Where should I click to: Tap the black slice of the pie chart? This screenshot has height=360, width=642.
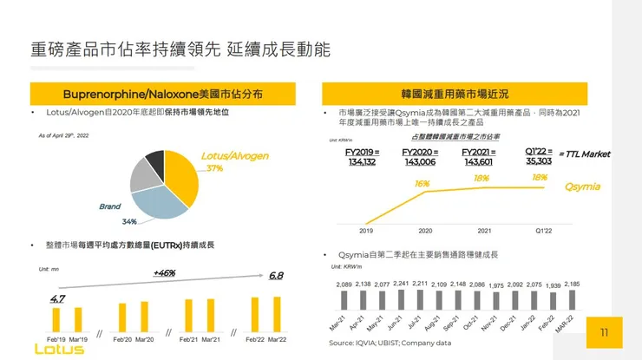click(x=155, y=160)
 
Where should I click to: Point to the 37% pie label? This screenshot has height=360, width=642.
click(x=214, y=167)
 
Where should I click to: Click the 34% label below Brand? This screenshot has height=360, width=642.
click(x=129, y=221)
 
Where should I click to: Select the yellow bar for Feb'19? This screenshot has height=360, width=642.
click(x=57, y=318)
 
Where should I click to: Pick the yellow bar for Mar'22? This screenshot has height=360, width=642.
click(x=276, y=315)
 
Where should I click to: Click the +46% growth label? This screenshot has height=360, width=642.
click(x=164, y=273)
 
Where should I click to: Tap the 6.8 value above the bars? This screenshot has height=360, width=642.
click(x=276, y=275)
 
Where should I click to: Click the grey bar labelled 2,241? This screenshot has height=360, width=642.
click(x=401, y=300)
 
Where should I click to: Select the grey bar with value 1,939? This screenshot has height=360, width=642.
click(x=554, y=301)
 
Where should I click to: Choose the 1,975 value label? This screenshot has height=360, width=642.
click(x=496, y=285)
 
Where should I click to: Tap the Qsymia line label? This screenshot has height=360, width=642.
click(x=582, y=187)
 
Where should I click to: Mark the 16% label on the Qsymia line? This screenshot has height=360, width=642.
click(x=423, y=183)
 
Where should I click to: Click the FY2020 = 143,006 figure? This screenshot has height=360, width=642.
click(x=420, y=156)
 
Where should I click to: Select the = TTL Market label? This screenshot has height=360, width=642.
click(x=586, y=154)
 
